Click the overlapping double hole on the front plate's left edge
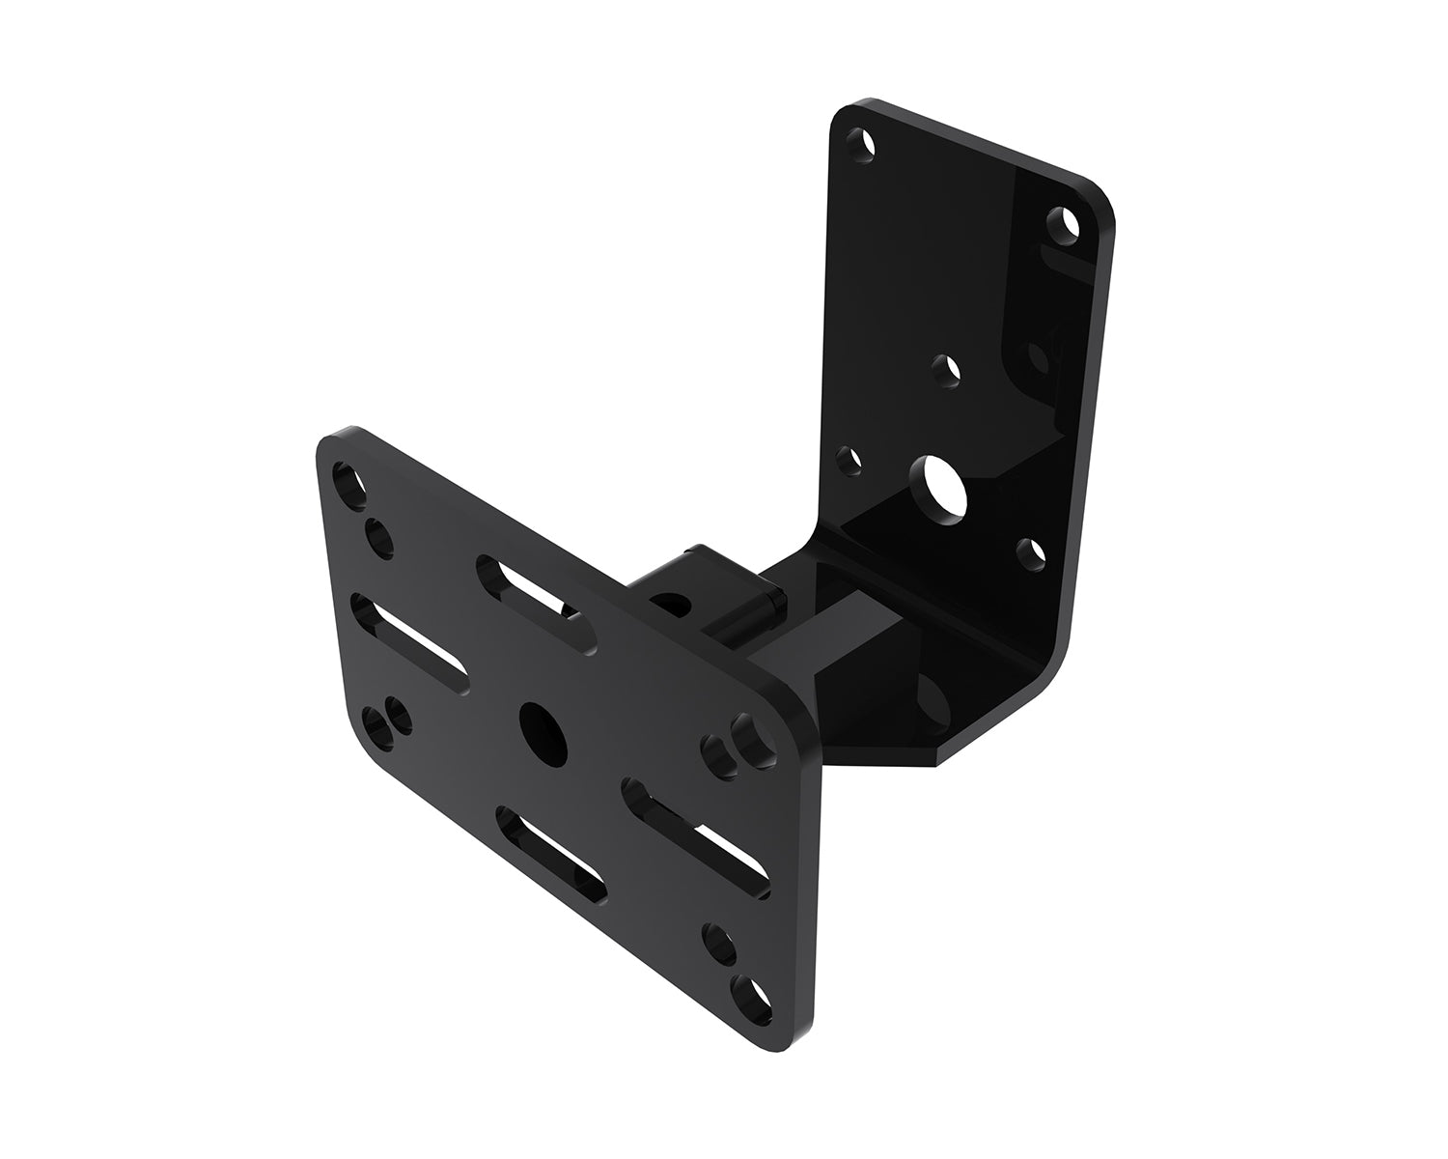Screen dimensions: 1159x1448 pyautogui.click(x=386, y=722)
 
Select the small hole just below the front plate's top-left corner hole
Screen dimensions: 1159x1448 pyautogui.click(x=377, y=538)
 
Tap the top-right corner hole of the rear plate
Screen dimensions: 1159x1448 pyautogui.click(x=1065, y=224)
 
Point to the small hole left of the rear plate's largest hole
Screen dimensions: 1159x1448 pyautogui.click(x=850, y=461)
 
